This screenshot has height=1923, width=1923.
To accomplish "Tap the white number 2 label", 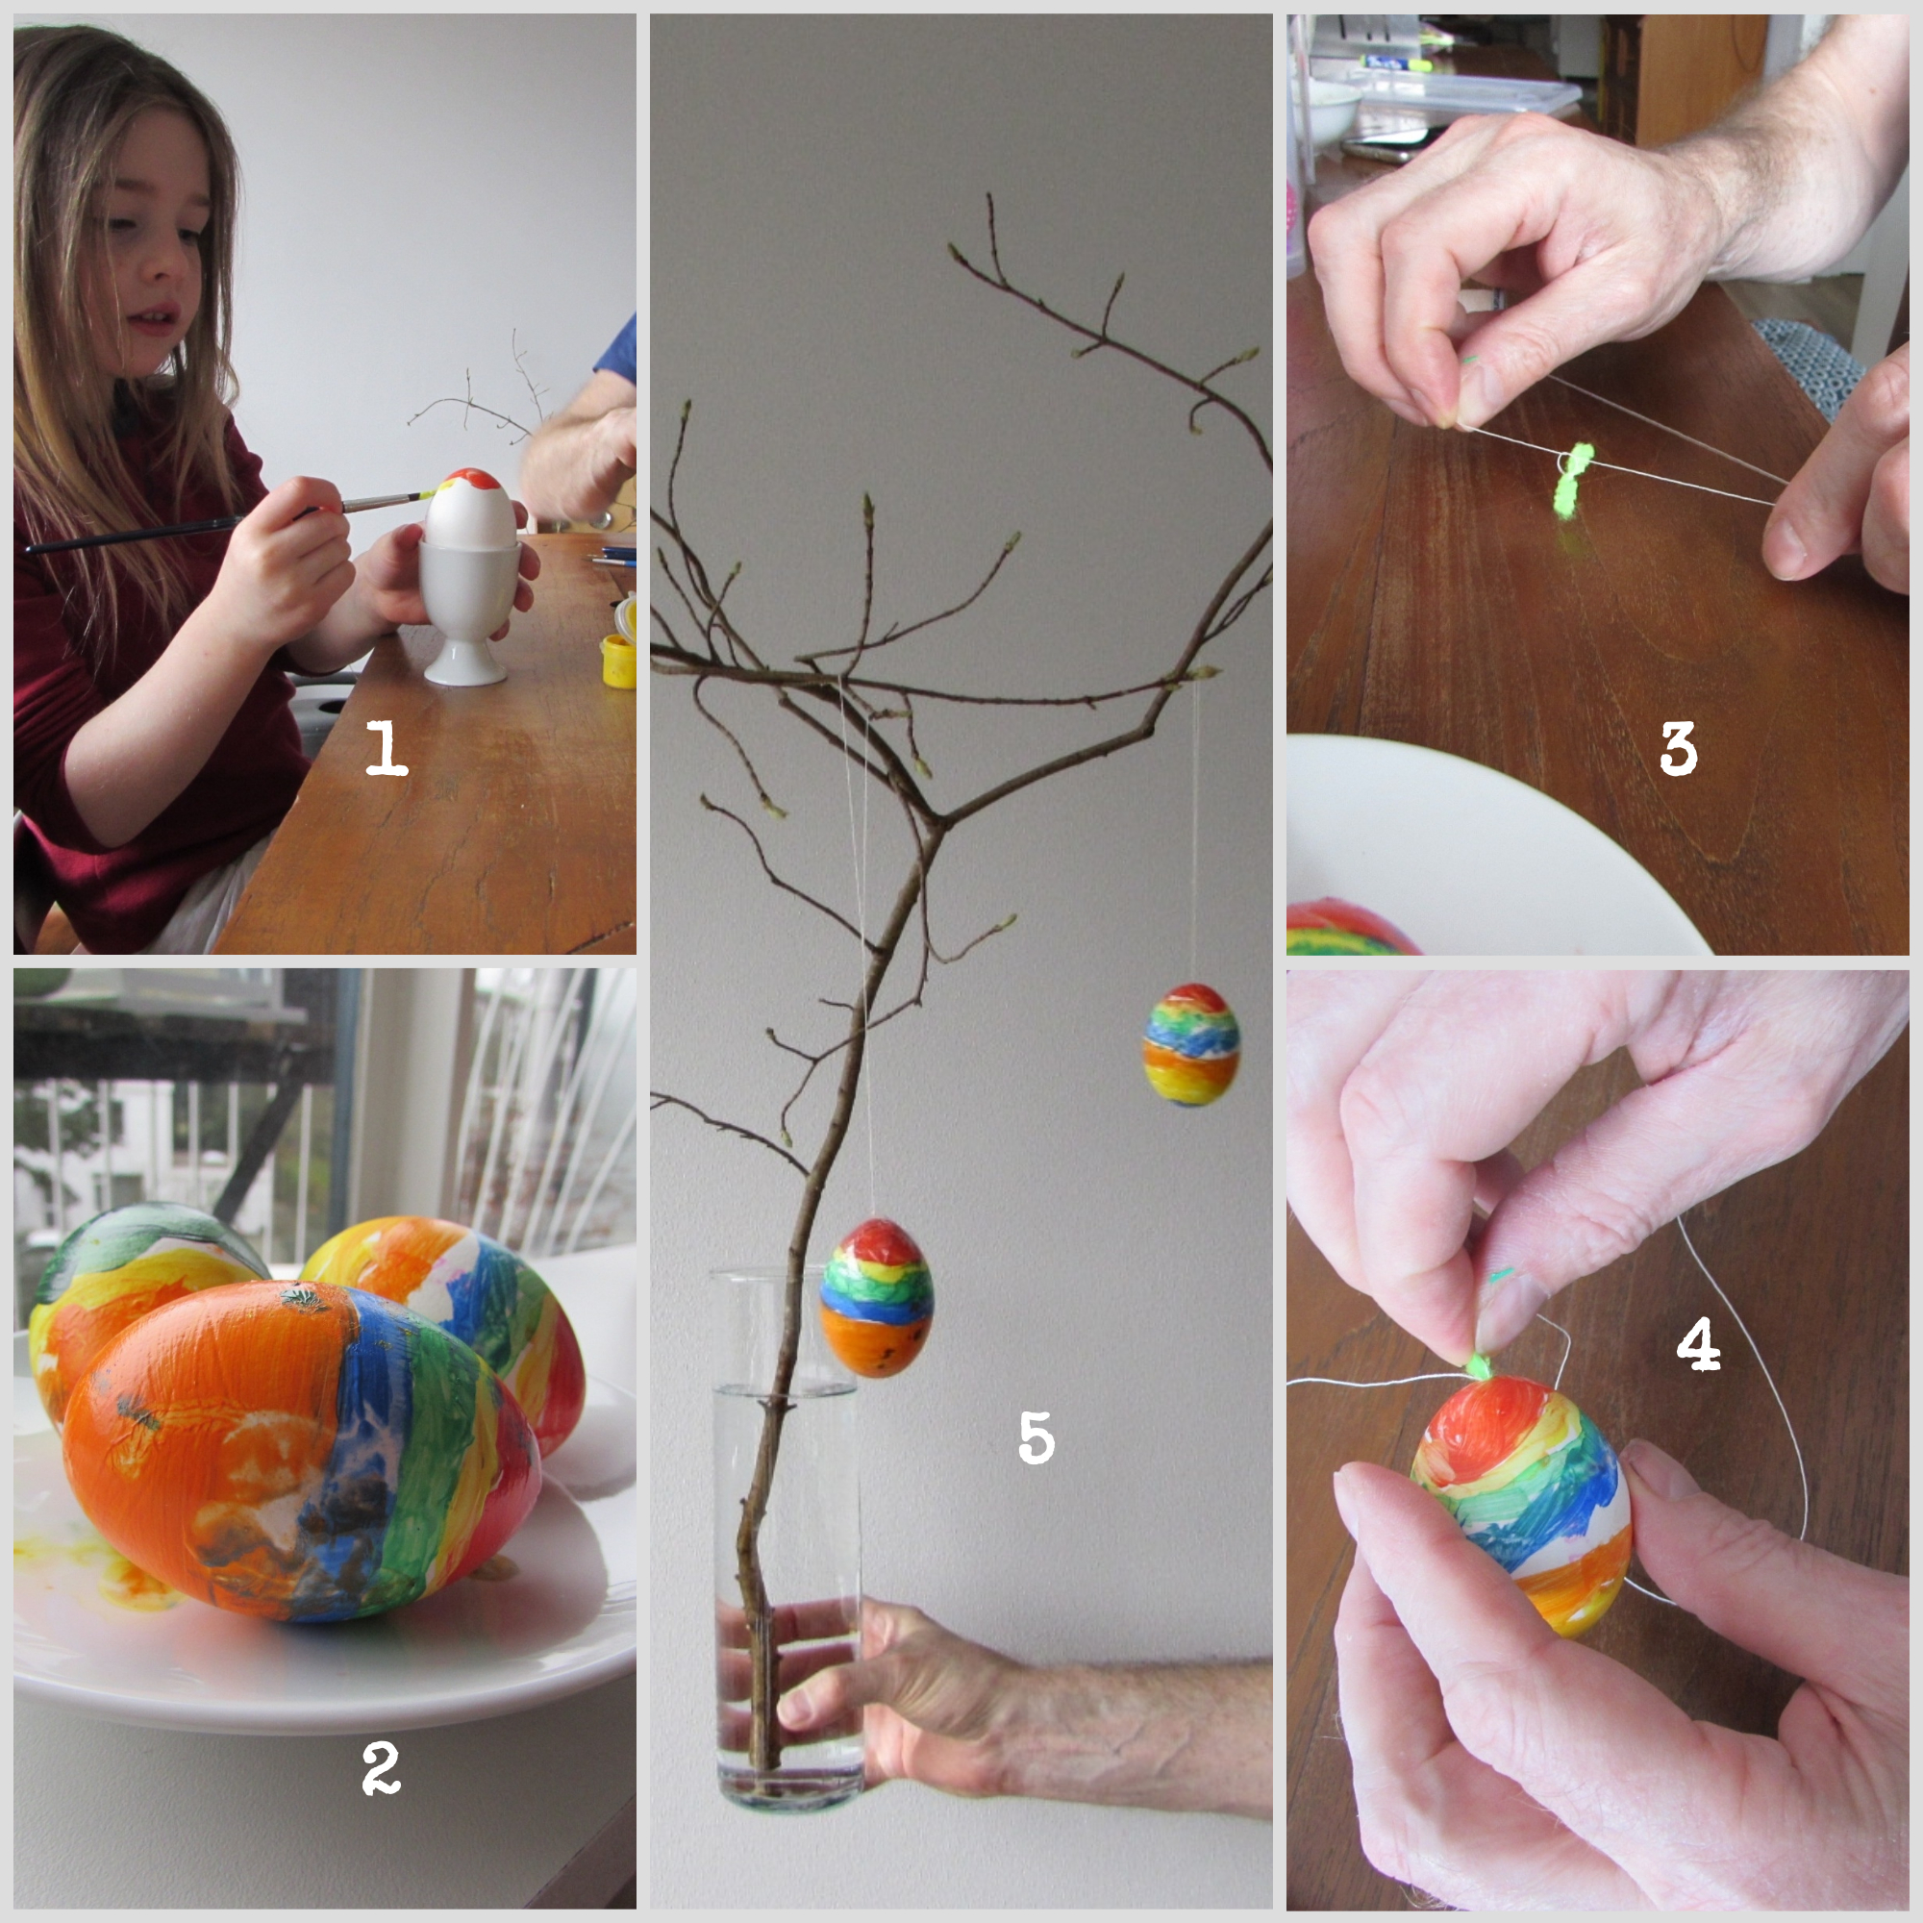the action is (x=381, y=1769).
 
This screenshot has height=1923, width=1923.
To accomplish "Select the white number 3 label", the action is (x=1678, y=748).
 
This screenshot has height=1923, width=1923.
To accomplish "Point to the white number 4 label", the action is (x=1698, y=1342).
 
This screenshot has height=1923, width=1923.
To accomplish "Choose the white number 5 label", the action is (x=1036, y=1437).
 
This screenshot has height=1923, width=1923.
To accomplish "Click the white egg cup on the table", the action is (x=468, y=612).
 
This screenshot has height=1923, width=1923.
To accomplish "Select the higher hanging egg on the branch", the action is (x=1190, y=1044).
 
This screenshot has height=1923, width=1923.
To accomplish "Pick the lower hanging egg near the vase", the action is (x=876, y=1298).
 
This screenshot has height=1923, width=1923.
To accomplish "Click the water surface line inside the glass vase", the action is (x=787, y=1391).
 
